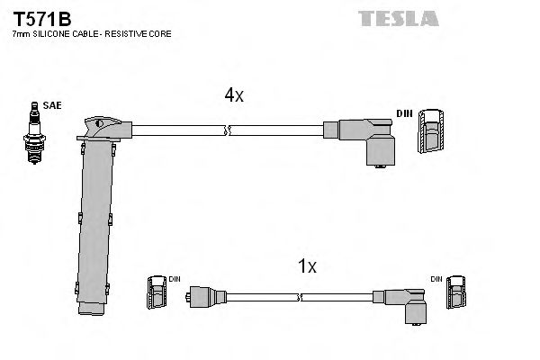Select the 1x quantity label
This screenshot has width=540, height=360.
pyautogui.click(x=307, y=266)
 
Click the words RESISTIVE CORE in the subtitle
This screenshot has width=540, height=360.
pyautogui.click(x=144, y=33)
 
